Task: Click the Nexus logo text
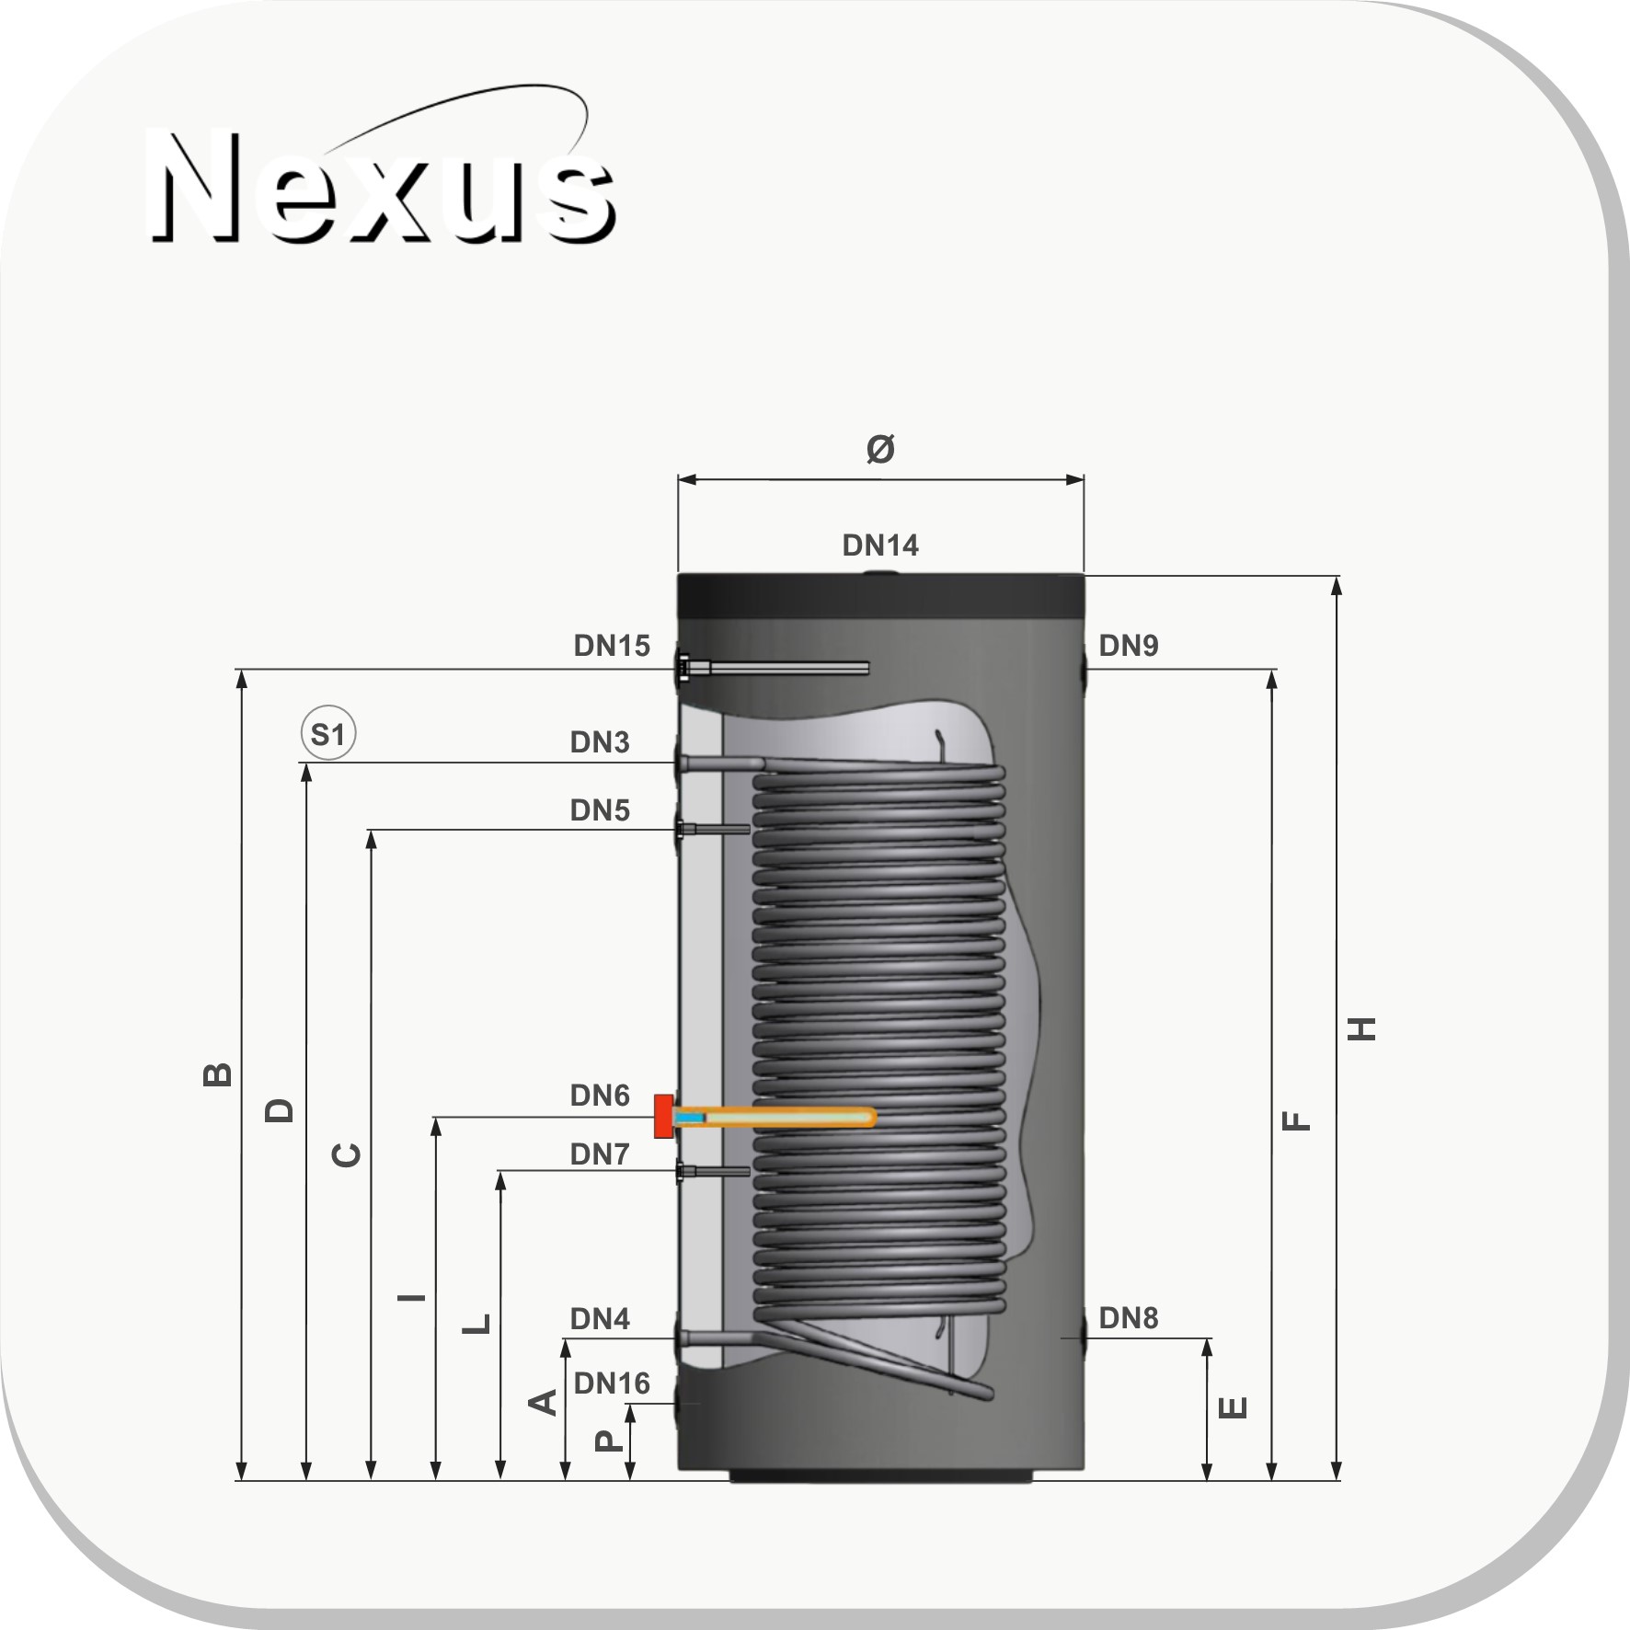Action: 382,189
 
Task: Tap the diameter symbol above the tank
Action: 880,449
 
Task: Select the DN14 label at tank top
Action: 880,545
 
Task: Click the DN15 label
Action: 612,646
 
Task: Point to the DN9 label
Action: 1129,646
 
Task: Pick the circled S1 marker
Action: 328,734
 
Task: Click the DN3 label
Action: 600,742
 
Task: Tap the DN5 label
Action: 600,810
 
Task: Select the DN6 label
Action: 600,1096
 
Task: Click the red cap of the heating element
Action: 663,1116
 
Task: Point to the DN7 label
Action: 600,1154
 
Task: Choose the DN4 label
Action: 600,1319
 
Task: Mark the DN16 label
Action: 612,1383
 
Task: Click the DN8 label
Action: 1129,1318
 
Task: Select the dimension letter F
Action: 1296,1120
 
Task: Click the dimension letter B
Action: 217,1074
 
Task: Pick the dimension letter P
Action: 608,1440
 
